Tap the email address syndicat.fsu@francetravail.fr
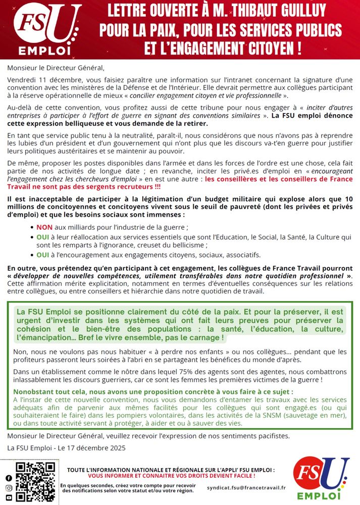246,488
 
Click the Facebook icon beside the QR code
9,478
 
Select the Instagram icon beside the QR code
9,488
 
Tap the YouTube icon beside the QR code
9,497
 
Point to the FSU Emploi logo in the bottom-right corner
322,479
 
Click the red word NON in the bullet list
44,227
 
